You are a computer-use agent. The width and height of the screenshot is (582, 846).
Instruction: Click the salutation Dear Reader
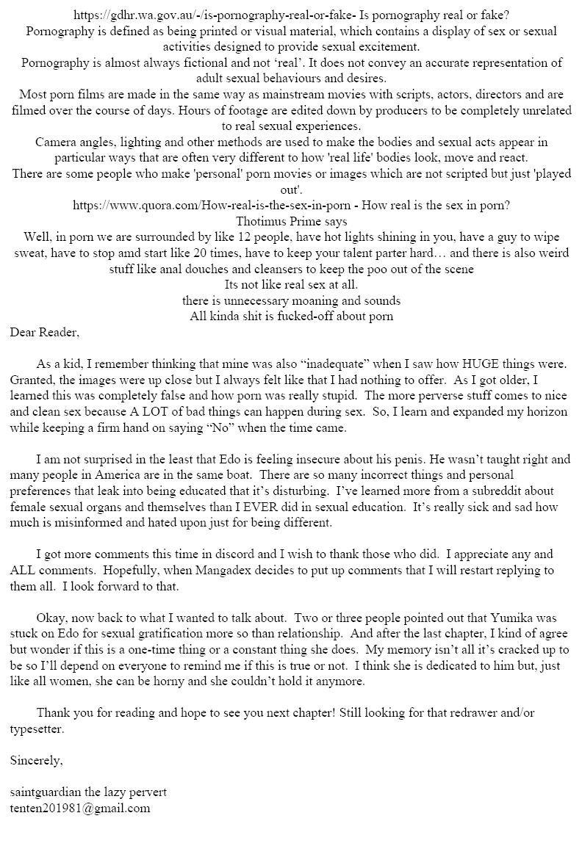pos(44,332)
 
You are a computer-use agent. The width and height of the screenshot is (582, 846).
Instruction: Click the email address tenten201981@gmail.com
pos(80,808)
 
